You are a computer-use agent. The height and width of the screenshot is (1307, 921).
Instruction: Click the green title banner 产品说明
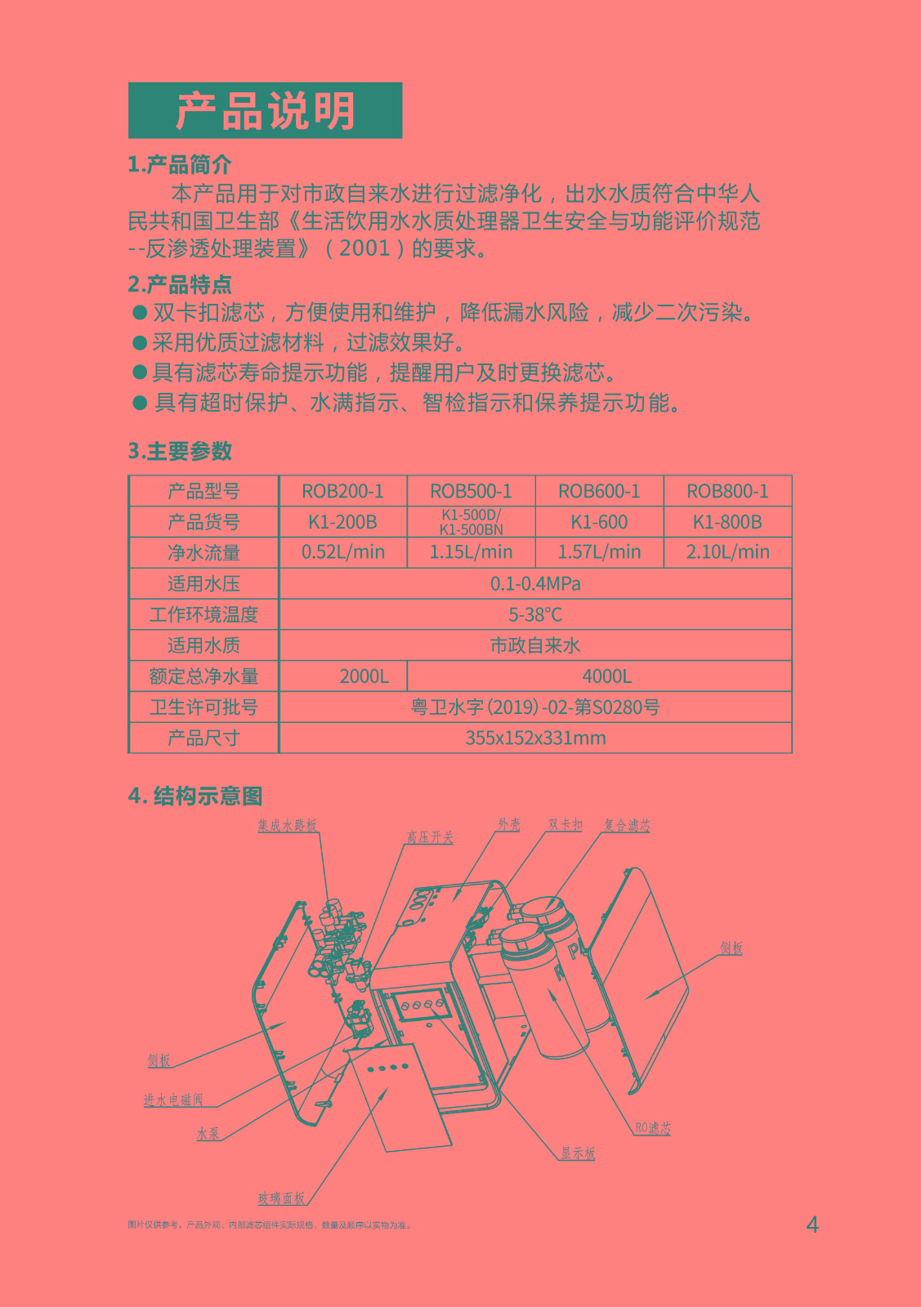[x=265, y=110]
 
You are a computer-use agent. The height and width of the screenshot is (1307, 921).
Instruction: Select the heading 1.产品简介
[x=180, y=165]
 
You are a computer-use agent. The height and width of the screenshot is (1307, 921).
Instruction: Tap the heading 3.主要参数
[x=180, y=451]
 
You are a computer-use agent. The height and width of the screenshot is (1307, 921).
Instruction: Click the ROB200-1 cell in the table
[x=342, y=491]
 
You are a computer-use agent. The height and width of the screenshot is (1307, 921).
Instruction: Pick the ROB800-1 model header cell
[x=727, y=491]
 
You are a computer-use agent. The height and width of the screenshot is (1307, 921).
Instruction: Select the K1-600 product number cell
[x=599, y=522]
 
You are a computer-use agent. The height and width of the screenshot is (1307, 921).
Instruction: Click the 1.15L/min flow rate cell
[x=471, y=552]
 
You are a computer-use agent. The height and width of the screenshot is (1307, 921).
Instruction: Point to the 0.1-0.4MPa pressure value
[x=535, y=583]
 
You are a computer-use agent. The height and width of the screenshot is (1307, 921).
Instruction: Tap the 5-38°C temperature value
[x=535, y=614]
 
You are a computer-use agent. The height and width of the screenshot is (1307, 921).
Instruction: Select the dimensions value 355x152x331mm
[x=535, y=738]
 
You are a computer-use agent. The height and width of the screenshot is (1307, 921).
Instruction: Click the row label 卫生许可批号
[x=203, y=707]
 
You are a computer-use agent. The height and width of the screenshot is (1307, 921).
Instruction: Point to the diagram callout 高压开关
[x=430, y=837]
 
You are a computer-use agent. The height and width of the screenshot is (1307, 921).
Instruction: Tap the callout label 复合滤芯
[x=627, y=825]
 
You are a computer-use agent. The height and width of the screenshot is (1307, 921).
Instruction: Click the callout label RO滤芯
[x=653, y=1128]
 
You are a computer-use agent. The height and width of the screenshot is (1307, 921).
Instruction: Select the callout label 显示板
[x=578, y=1153]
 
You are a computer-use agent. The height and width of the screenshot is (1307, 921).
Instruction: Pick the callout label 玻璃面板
[x=282, y=1198]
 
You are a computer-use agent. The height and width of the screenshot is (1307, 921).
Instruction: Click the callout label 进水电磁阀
[x=173, y=1100]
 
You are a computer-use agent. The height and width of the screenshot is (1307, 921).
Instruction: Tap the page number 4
[x=812, y=1224]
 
